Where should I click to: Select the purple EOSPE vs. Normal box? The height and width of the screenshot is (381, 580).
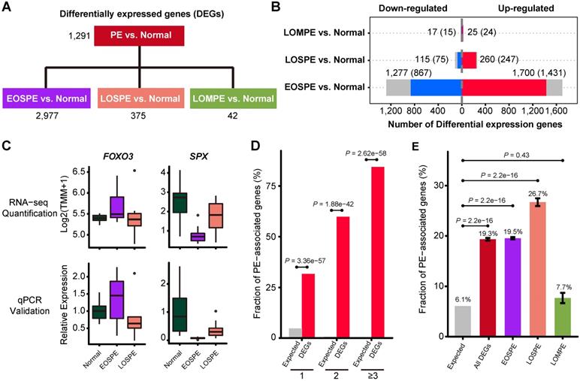[x=47, y=98]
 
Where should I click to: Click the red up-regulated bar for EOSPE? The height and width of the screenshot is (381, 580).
[x=503, y=87]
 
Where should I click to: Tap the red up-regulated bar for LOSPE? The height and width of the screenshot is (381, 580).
[x=469, y=59]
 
